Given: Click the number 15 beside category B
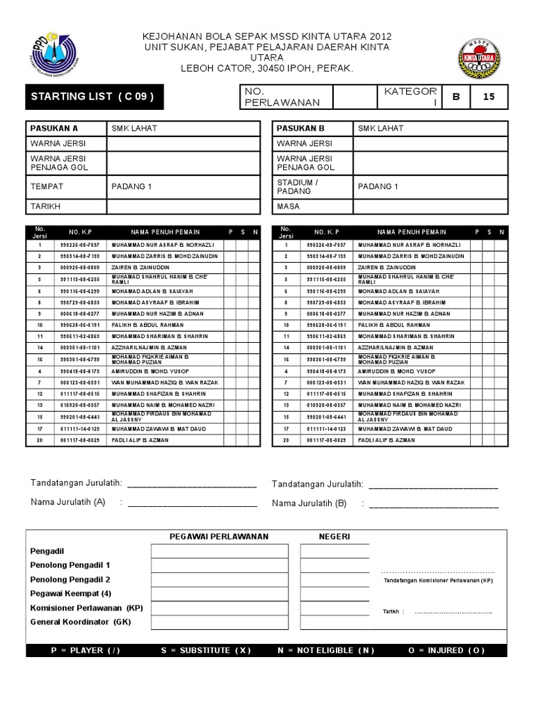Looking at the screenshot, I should [x=489, y=97].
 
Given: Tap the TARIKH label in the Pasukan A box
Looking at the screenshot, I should [x=44, y=207].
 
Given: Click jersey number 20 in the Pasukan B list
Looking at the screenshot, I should [x=286, y=440].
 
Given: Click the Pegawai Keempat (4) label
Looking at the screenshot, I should [x=71, y=593].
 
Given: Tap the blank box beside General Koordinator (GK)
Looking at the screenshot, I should [x=219, y=622].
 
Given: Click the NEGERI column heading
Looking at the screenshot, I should [x=334, y=536].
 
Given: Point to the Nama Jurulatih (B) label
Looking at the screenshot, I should [x=309, y=503].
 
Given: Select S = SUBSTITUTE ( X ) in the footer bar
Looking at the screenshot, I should [x=205, y=650].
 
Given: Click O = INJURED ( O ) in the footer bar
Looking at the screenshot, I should [x=456, y=650].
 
